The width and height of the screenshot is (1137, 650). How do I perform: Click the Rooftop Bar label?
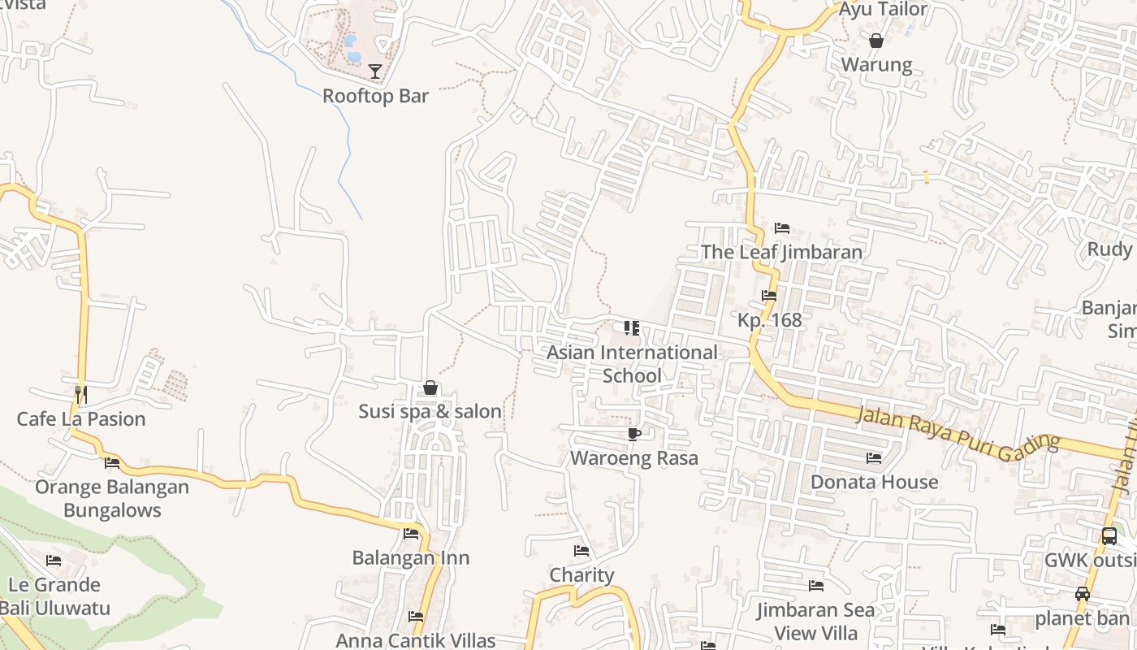(x=375, y=96)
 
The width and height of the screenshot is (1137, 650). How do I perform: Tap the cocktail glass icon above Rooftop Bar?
(x=375, y=71)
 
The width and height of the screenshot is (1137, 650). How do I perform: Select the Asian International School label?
(x=632, y=364)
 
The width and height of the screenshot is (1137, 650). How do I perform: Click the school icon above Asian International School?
(x=632, y=328)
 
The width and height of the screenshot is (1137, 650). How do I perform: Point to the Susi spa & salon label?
(x=430, y=412)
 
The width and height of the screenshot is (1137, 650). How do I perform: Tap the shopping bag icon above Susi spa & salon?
(x=430, y=388)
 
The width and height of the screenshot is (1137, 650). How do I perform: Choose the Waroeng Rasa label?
(x=634, y=458)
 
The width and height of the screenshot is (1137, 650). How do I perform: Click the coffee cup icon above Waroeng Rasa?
(x=634, y=435)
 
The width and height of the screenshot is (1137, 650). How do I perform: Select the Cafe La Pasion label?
(x=81, y=419)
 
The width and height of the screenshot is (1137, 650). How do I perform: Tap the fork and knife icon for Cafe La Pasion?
(x=81, y=395)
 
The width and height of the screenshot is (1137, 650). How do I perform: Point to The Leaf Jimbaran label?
(x=781, y=252)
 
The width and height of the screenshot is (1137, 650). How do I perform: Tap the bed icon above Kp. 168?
(x=769, y=296)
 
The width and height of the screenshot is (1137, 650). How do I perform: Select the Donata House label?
(x=874, y=482)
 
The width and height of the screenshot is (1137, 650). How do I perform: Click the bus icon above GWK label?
(x=1109, y=536)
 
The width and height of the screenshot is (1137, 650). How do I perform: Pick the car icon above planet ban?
(x=1083, y=594)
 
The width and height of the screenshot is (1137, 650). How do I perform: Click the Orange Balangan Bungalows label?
(x=112, y=499)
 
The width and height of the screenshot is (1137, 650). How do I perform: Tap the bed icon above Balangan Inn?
(x=411, y=534)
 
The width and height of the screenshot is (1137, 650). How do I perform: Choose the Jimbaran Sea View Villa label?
(x=816, y=622)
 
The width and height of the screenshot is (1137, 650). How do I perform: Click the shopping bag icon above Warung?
(x=876, y=41)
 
